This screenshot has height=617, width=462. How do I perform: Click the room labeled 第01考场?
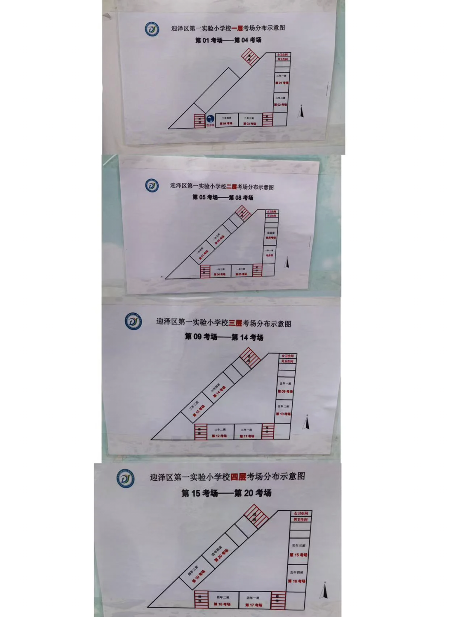click(281, 80)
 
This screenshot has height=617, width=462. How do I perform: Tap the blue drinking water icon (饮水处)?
click(210, 120)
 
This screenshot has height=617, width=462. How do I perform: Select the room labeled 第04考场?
click(226, 121)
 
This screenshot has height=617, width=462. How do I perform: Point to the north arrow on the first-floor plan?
click(302, 112)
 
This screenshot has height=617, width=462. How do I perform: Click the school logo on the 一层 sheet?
click(152, 30)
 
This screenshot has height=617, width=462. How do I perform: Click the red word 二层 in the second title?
click(231, 187)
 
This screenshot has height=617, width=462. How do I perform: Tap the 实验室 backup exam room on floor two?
click(270, 235)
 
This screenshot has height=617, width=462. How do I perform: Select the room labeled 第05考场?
click(241, 272)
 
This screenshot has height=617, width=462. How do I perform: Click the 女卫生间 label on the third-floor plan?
click(287, 356)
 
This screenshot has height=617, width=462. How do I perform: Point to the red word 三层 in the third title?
click(235, 323)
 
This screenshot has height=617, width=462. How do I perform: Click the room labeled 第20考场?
click(220, 554)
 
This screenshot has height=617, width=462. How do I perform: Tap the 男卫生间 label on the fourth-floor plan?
click(300, 519)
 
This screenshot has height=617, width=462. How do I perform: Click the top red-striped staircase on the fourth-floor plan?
click(255, 516)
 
